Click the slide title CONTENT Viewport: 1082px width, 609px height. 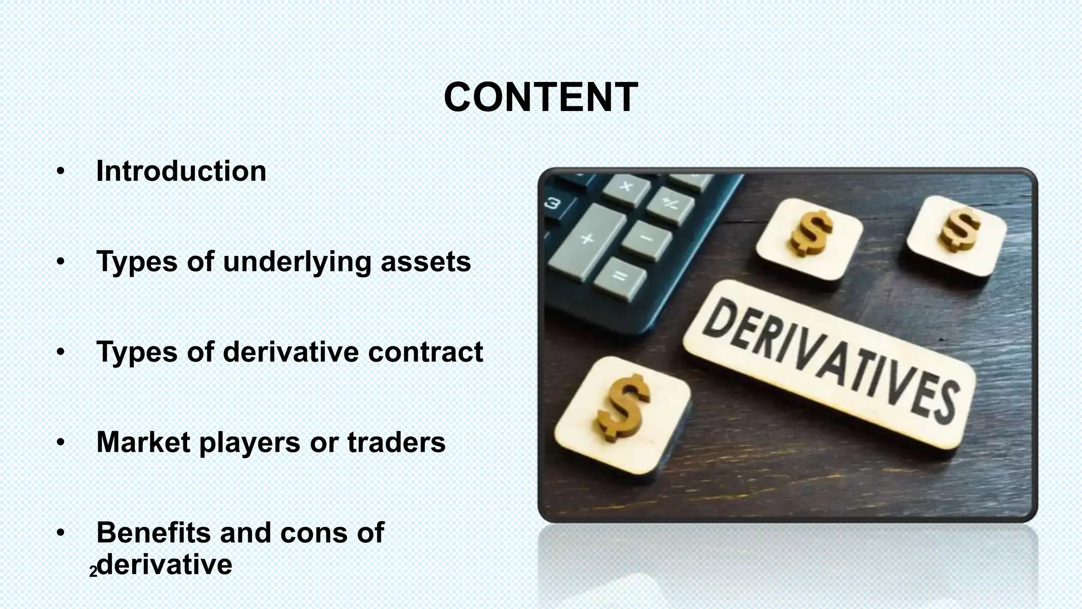click(541, 98)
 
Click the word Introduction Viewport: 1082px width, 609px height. click(181, 171)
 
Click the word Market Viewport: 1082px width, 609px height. click(143, 442)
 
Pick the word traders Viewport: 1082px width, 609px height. click(396, 442)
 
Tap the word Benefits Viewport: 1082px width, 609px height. click(154, 532)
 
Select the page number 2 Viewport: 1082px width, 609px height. click(93, 572)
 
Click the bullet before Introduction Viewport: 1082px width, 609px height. click(61, 171)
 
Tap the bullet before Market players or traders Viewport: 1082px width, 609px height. click(61, 442)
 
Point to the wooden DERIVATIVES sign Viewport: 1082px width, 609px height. click(829, 365)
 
